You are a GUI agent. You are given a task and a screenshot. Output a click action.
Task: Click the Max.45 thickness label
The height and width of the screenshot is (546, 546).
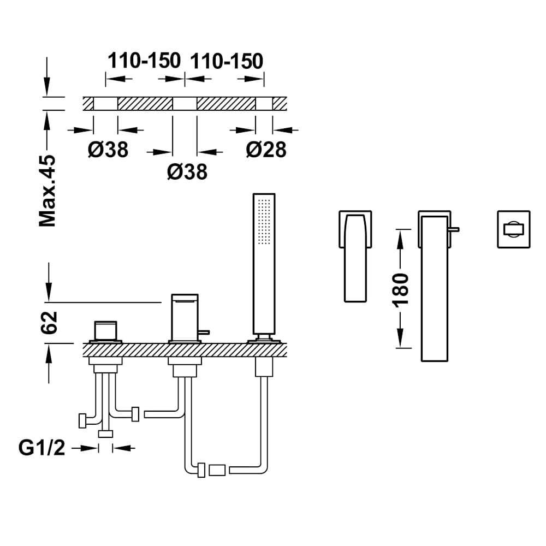tap(48, 191)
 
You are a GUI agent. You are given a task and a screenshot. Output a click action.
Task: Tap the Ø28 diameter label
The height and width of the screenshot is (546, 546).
tap(266, 150)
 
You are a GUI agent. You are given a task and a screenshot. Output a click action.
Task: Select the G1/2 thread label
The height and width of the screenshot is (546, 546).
tap(42, 448)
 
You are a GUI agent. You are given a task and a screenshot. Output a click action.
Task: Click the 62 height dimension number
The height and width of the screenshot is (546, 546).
tap(49, 323)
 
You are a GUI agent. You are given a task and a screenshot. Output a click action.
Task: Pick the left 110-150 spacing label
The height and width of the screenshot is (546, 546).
tap(144, 61)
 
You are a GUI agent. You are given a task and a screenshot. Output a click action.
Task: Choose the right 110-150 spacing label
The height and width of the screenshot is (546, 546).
tap(227, 61)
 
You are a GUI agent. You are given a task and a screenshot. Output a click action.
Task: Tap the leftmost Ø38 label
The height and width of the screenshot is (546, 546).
tap(108, 150)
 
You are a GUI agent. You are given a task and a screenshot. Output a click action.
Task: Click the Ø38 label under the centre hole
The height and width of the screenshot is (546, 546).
tap(187, 171)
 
